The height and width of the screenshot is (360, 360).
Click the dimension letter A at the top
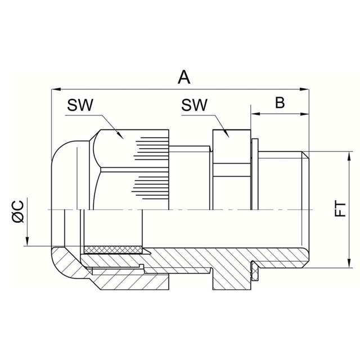pyautogui.click(x=184, y=78)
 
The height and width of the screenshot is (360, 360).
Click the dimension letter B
pyautogui.click(x=280, y=102)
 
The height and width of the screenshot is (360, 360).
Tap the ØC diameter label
pyautogui.click(x=18, y=211)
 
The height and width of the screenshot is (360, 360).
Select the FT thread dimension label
pyautogui.click(x=340, y=209)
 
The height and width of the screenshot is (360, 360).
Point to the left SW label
pyautogui.click(x=80, y=105)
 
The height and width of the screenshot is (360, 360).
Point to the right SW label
pyautogui.click(x=194, y=105)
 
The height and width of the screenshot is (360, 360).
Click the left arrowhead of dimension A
pyautogui.click(x=56, y=89)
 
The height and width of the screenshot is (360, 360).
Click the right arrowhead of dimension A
pyautogui.click(x=304, y=89)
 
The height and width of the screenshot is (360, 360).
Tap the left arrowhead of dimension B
pyautogui.click(x=255, y=114)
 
